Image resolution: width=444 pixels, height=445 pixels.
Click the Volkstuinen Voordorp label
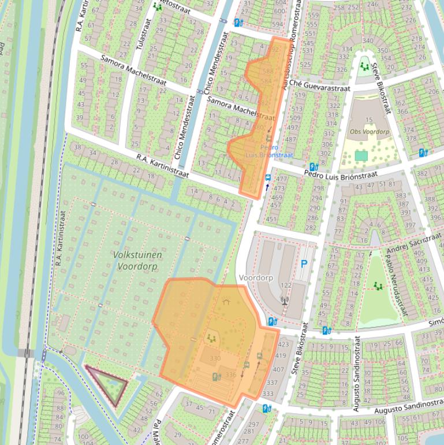[138, 260]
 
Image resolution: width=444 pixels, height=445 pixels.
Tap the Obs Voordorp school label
[370, 132]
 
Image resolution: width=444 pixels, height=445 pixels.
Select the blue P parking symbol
[304, 265]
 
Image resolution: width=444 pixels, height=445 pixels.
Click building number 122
[286, 285]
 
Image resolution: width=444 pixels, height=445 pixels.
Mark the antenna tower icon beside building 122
[283, 300]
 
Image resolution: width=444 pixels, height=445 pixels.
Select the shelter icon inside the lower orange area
[226, 301]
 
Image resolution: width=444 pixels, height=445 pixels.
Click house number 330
[215, 358]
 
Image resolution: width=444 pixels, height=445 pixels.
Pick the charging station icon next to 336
[216, 377]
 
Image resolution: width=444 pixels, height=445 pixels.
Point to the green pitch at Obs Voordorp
[361, 155]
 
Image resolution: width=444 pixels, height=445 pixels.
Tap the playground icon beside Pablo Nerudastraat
[378, 285]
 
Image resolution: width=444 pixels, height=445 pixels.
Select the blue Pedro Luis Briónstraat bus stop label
[268, 151]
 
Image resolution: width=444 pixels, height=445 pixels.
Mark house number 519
[300, 95]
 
